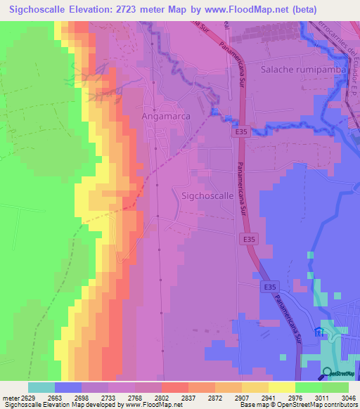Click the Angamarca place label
click(165, 115)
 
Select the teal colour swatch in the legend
click(41, 387)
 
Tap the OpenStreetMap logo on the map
click(339, 373)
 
